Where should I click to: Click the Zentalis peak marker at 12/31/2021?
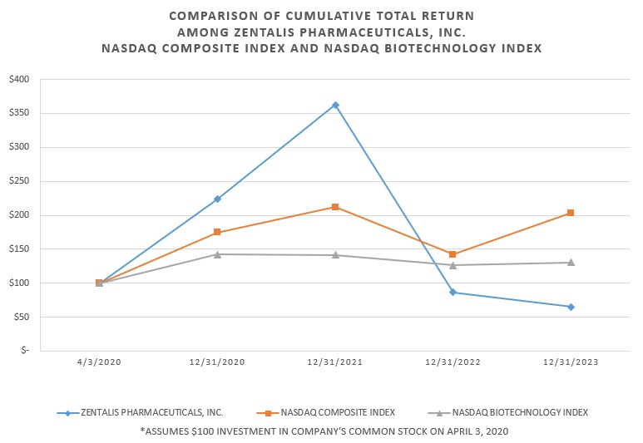[x=335, y=105]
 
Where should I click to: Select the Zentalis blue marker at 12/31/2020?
[x=217, y=199]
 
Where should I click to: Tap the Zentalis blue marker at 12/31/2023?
[x=571, y=307]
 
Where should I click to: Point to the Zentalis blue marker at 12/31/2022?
[x=453, y=293]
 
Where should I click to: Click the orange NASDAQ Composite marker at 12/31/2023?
[x=571, y=213]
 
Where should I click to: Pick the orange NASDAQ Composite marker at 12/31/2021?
[x=335, y=207]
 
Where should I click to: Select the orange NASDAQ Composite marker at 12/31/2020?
[x=217, y=233]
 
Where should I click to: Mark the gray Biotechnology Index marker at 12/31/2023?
[x=571, y=263]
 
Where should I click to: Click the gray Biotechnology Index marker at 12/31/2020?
[x=217, y=254]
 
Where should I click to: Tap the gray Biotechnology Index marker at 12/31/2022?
[x=453, y=265]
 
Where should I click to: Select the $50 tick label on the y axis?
[x=21, y=317]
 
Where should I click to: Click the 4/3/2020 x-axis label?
[x=99, y=362]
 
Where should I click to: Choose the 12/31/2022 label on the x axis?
[x=453, y=362]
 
